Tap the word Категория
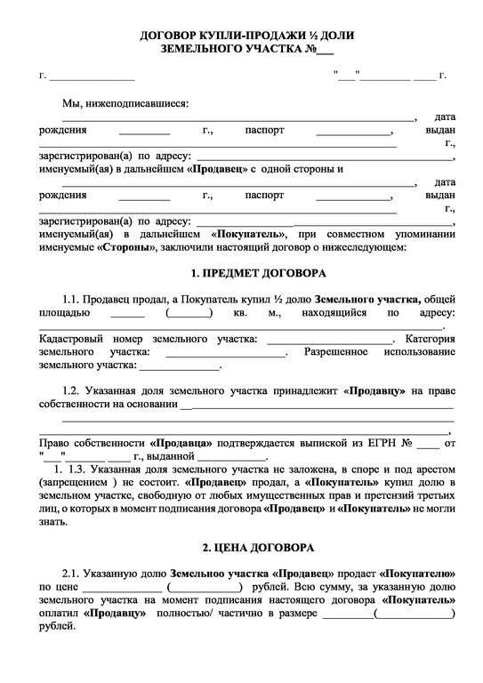(x=430, y=339)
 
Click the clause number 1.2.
(x=72, y=390)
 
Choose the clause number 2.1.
(x=72, y=574)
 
